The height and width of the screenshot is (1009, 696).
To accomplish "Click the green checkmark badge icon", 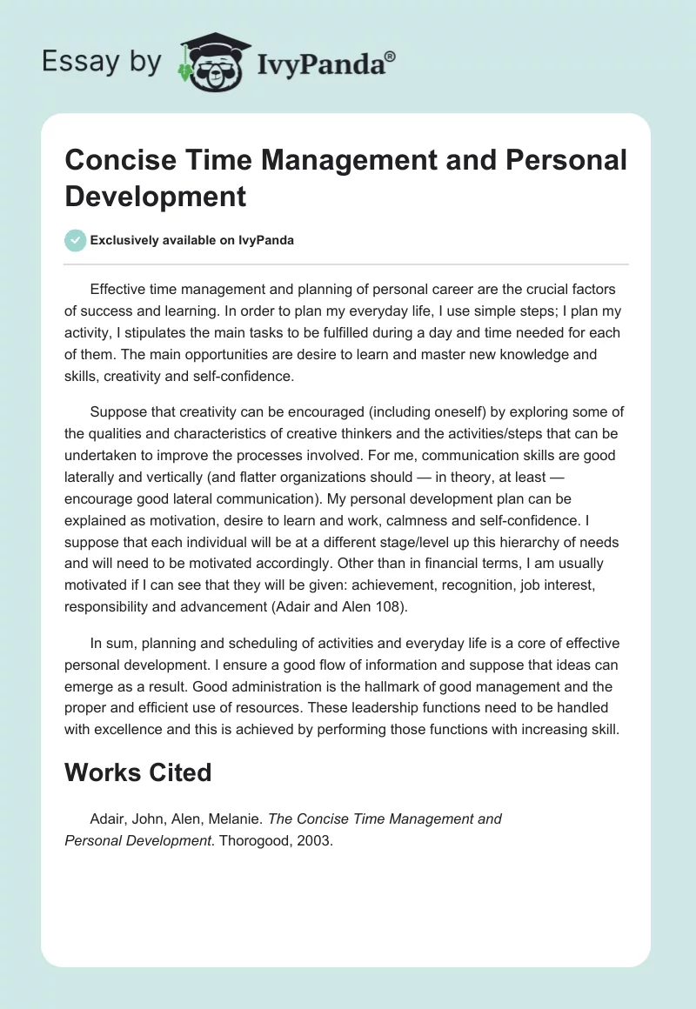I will coord(76,240).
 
